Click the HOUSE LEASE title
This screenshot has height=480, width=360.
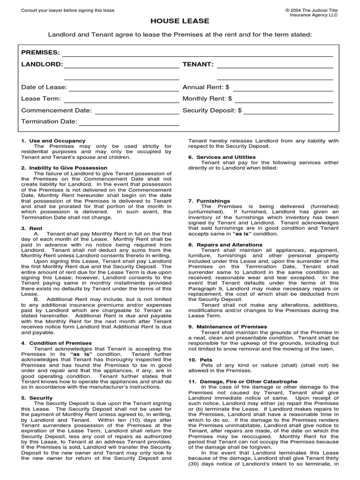click(180, 21)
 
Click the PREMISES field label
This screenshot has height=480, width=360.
click(40, 52)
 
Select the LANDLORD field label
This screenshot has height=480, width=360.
click(42, 64)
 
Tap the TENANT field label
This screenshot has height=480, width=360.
click(198, 64)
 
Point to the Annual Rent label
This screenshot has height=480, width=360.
click(206, 87)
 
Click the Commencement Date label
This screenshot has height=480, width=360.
click(56, 111)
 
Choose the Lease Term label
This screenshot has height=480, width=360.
click(41, 99)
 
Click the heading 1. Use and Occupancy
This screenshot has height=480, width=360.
click(53, 141)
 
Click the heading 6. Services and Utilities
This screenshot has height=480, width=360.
click(222, 157)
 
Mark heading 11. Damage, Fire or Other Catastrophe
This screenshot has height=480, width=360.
click(242, 382)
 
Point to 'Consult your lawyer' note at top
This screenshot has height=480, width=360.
click(68, 10)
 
